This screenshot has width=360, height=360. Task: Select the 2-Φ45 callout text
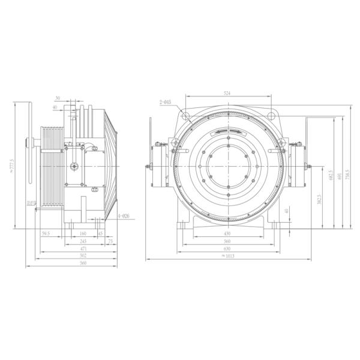pos(166,103)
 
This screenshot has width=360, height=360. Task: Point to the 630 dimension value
pos(227,248)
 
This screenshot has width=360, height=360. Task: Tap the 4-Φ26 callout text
pos(124,215)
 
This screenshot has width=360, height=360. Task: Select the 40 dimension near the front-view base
pos(287,211)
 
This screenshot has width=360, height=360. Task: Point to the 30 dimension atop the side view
pos(58,98)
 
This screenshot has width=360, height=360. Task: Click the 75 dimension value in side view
pos(112,241)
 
